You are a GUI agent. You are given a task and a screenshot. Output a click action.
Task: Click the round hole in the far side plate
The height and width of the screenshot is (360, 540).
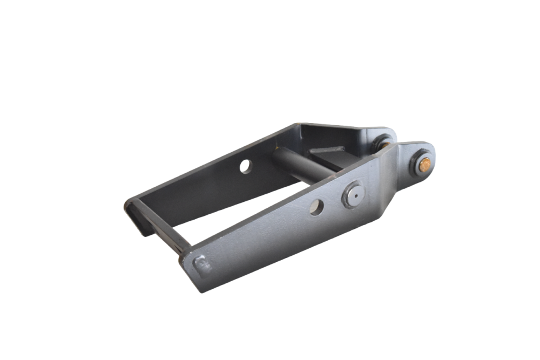pos(246,166)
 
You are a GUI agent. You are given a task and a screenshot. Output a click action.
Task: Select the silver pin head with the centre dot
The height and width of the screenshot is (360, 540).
pos(353,195)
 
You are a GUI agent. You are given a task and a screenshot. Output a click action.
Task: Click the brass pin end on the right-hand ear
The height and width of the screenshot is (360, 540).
pos(424,164)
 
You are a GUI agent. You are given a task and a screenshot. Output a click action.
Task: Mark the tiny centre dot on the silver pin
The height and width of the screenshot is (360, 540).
pos(354,193)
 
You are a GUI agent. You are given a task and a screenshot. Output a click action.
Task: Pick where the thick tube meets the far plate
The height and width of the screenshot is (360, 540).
pos(275,154)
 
